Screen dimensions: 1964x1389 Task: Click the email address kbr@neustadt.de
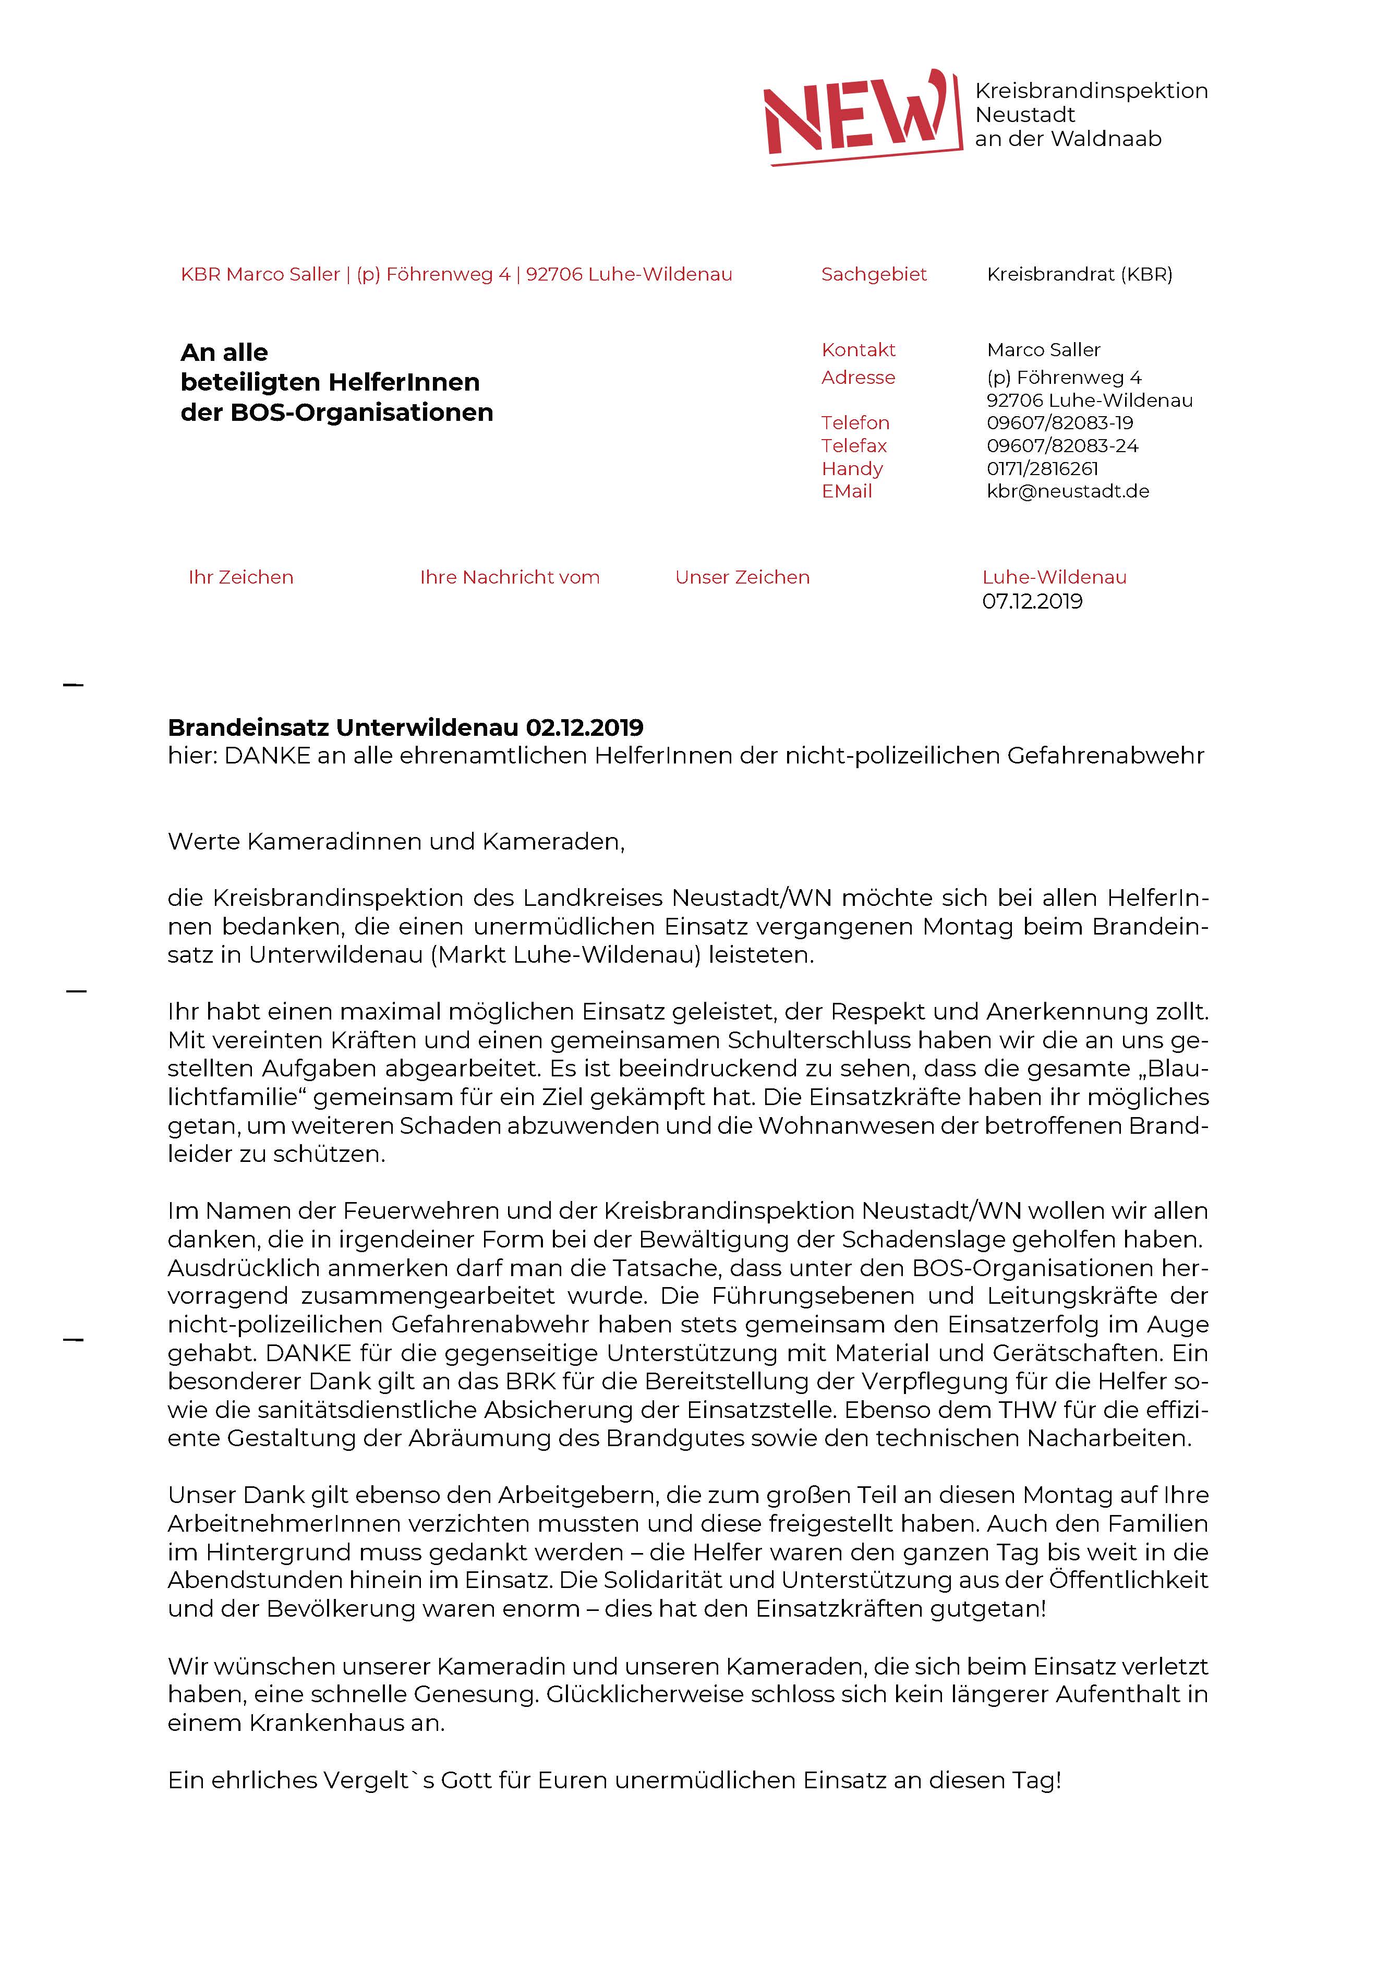click(1067, 492)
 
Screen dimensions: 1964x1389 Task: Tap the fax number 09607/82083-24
click(1062, 446)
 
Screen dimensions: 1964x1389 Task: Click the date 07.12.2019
click(1032, 601)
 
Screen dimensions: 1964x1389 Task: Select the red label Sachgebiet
click(873, 275)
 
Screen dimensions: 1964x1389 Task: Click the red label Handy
click(851, 469)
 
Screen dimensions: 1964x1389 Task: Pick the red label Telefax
click(853, 446)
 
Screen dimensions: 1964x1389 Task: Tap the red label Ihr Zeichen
click(240, 577)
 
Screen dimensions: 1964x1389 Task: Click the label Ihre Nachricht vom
click(509, 577)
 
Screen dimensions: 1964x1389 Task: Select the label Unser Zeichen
click(742, 577)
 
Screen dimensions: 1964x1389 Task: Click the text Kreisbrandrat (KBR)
click(1079, 275)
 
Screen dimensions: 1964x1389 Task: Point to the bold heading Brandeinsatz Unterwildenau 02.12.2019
click(405, 728)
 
